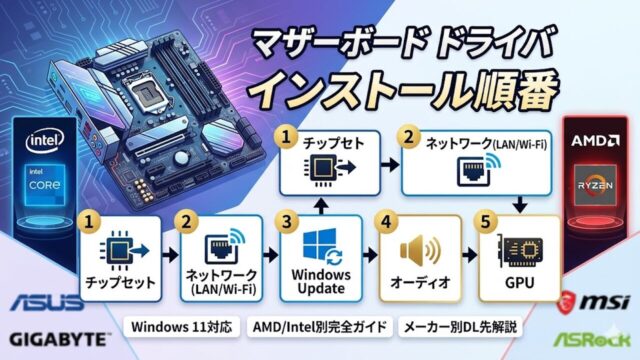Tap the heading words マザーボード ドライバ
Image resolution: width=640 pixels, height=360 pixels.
click(x=412, y=45)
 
